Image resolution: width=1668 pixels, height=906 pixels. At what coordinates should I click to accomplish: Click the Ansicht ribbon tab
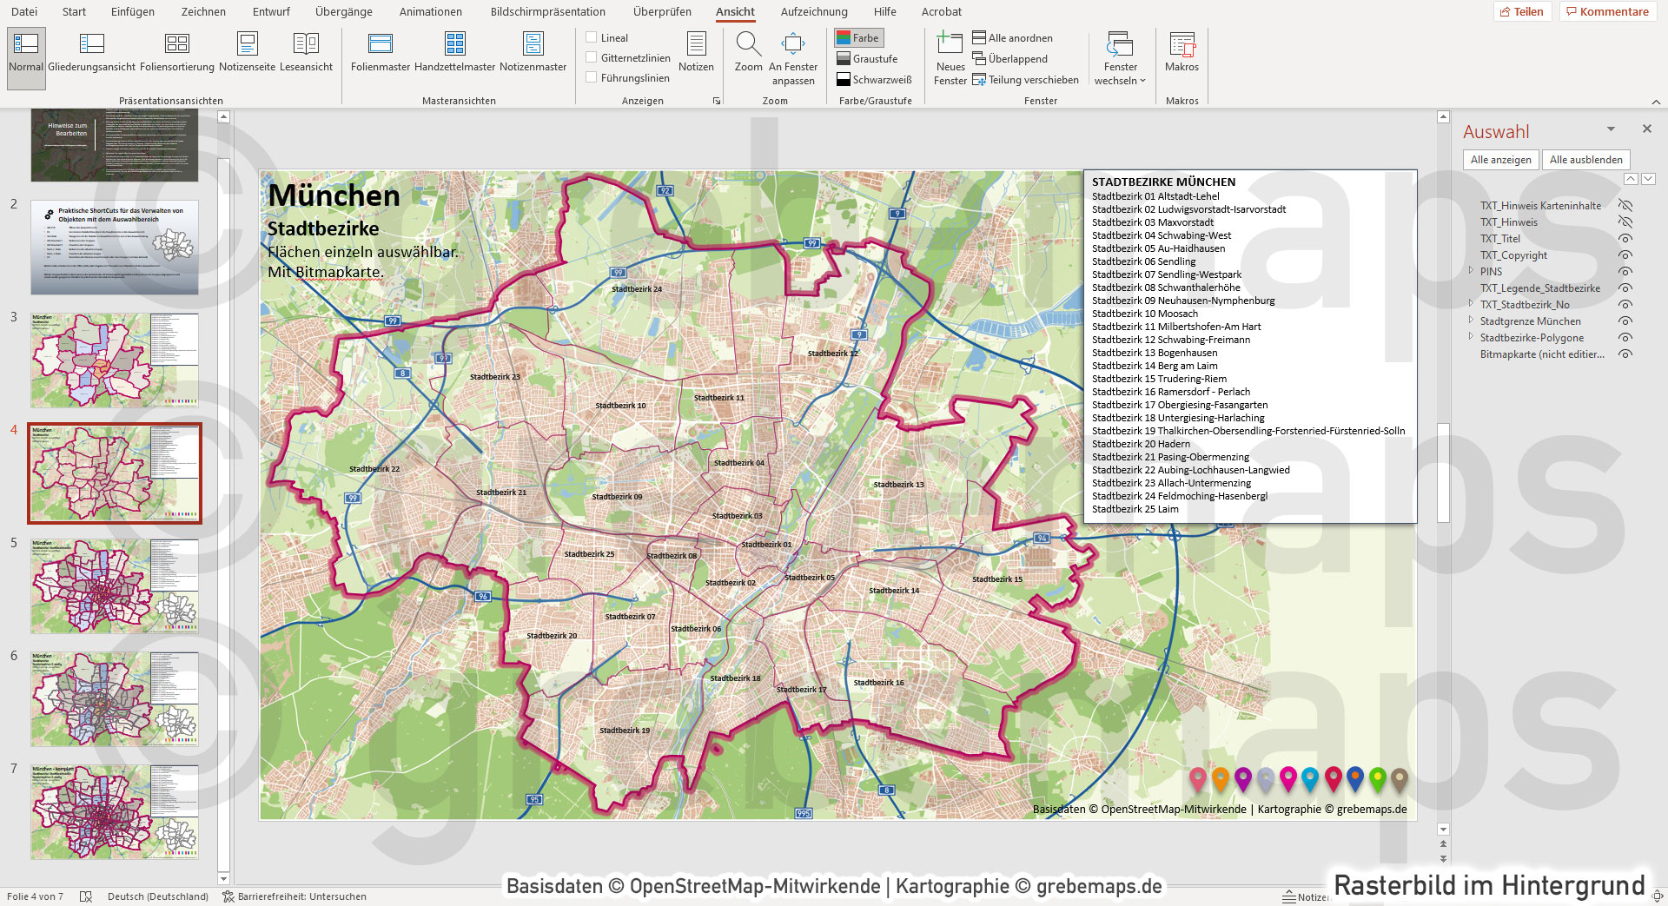735,12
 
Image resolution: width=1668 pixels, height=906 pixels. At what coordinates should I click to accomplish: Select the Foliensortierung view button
177,53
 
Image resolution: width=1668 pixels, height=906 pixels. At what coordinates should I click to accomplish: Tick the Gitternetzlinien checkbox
592,57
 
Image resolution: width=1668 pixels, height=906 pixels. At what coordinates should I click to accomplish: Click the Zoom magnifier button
748,53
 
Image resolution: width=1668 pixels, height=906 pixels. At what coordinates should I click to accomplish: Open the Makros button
1181,53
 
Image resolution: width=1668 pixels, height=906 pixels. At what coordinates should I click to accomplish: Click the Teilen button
1522,12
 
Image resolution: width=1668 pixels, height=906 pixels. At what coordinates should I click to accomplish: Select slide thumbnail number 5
115,585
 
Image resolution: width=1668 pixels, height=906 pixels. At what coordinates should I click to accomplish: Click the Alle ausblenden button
1585,160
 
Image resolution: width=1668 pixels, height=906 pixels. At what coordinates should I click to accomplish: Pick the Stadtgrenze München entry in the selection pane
1530,321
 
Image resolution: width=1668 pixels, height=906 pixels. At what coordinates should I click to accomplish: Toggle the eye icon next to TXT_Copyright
1625,255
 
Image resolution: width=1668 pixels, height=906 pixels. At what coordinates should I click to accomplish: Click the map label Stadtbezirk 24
637,289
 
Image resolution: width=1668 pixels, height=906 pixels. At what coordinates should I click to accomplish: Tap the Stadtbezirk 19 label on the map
625,731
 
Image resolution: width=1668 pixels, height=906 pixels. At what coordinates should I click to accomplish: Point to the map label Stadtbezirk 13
898,485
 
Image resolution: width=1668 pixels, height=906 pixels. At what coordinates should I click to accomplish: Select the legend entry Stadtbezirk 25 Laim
1135,509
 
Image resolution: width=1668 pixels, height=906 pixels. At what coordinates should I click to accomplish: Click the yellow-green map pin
1377,777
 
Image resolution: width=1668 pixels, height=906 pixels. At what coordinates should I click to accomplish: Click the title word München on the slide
334,196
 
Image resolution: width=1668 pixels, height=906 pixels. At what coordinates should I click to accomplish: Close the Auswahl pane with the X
1646,129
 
